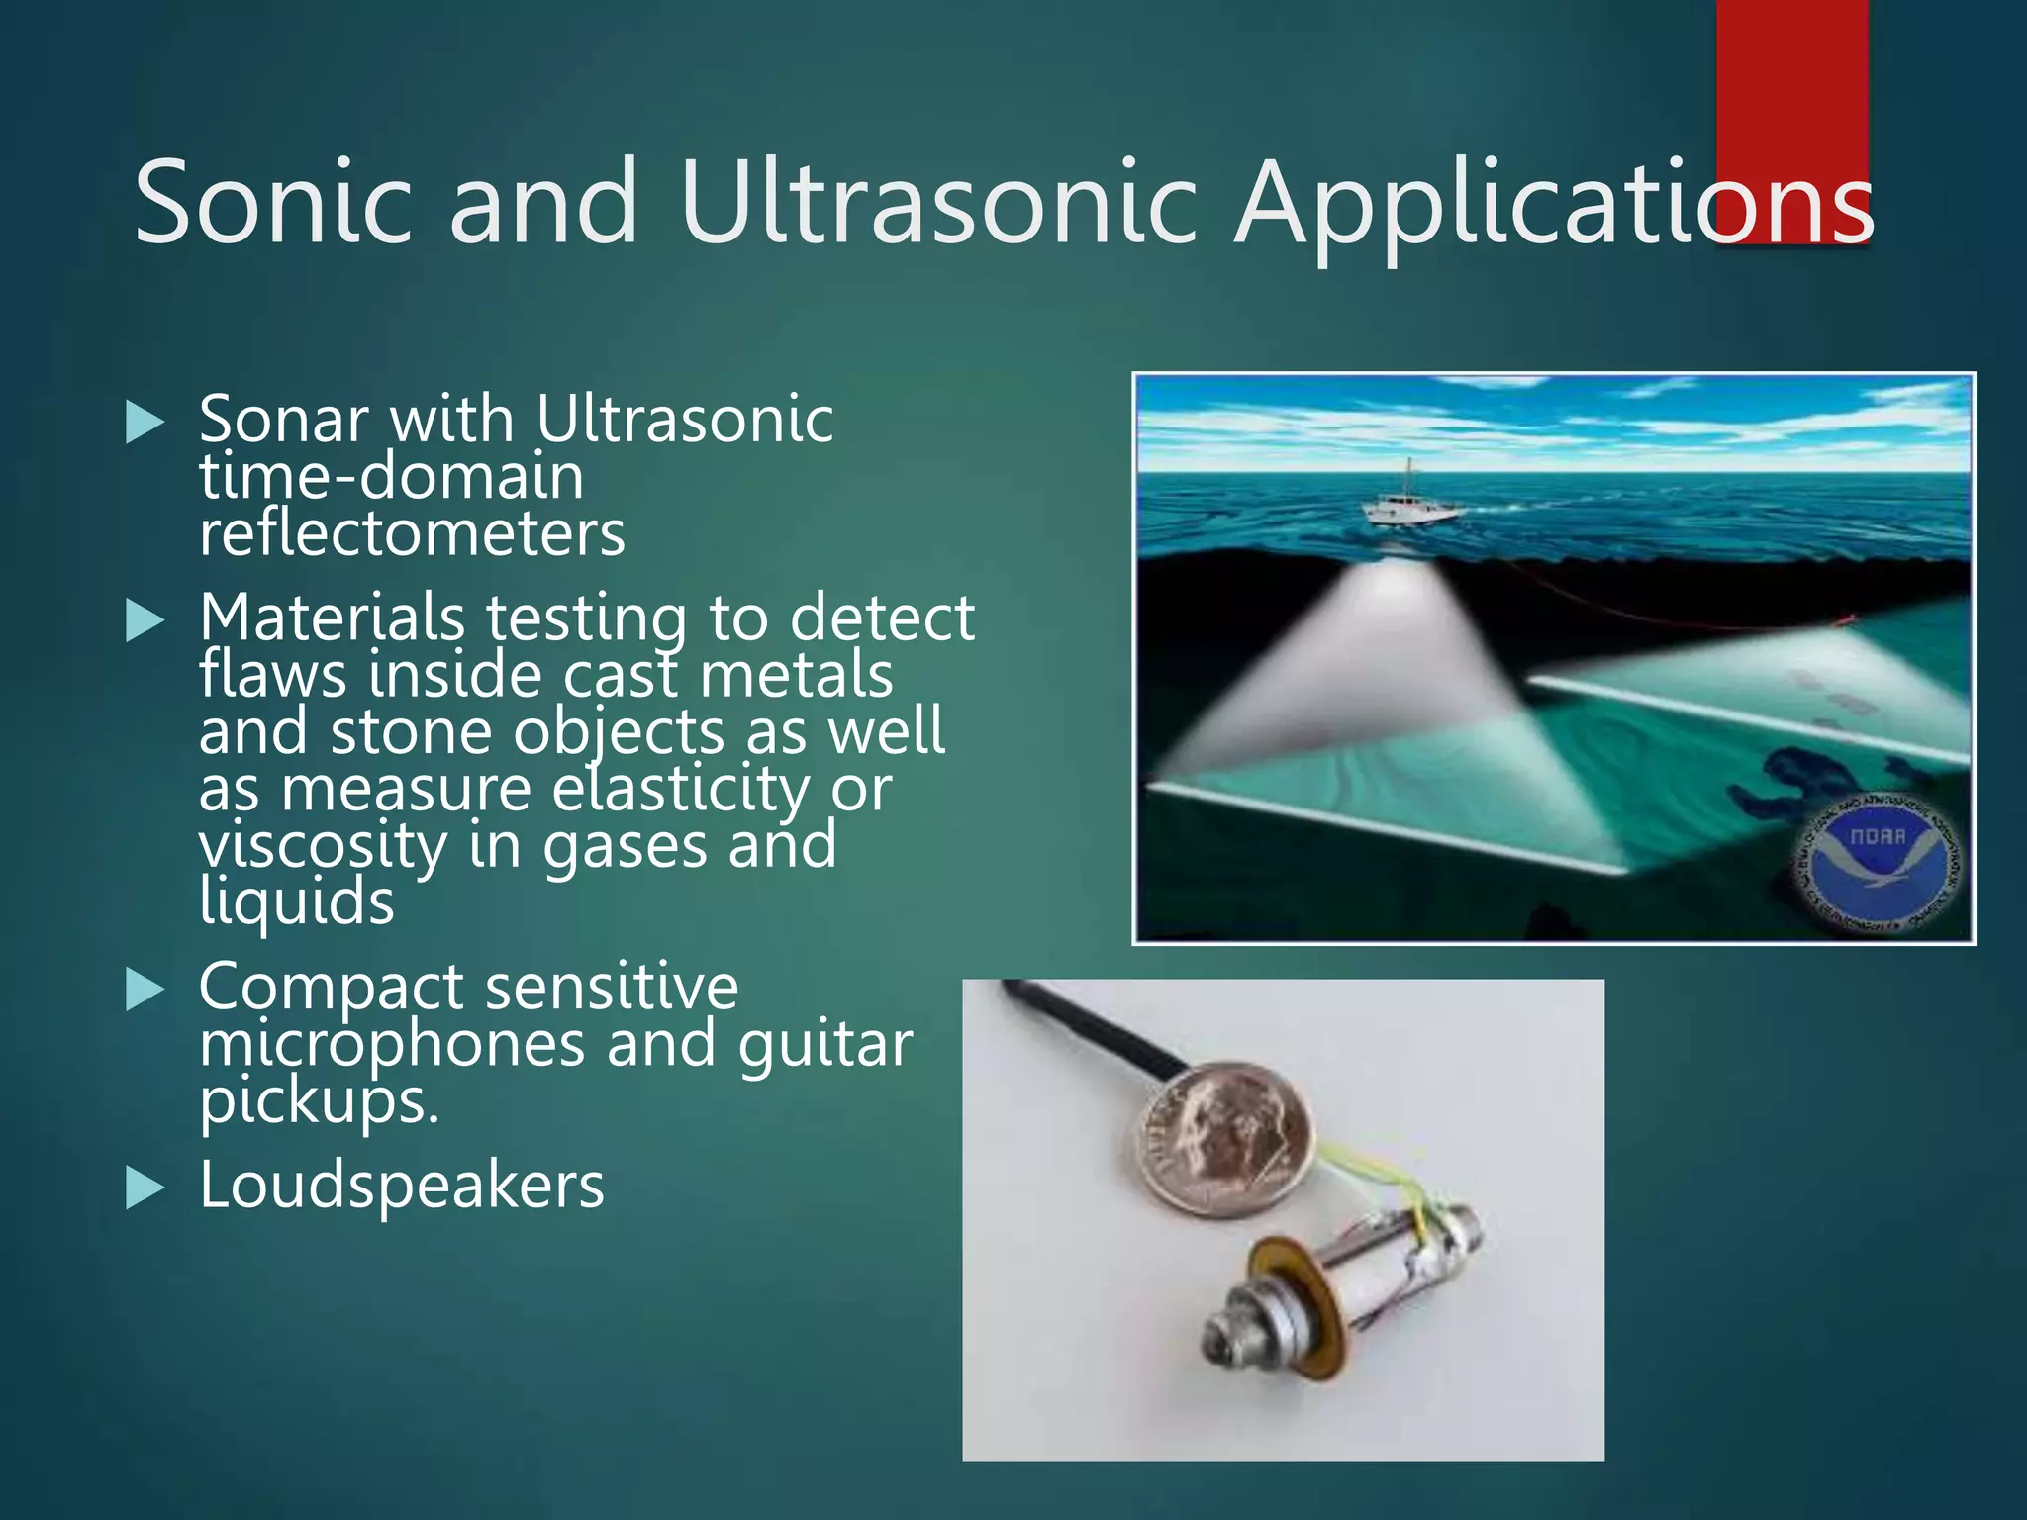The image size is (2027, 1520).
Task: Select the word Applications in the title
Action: pos(1554,203)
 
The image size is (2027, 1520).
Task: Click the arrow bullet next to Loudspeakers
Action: pos(145,1187)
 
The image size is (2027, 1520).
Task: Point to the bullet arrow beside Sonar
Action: pos(145,423)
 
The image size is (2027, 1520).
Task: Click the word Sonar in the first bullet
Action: pos(283,420)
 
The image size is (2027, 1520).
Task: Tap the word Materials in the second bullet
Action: pos(332,617)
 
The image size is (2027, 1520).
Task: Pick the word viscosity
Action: pos(323,847)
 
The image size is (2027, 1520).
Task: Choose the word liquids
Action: pos(297,903)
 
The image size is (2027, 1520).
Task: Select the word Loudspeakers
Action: pos(402,1186)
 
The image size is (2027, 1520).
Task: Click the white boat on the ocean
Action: pos(1409,507)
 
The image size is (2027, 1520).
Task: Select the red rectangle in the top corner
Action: pos(1791,89)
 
